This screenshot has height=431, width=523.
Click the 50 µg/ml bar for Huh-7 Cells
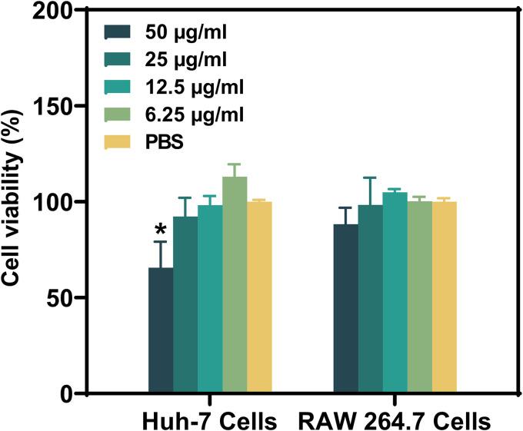[x=160, y=330]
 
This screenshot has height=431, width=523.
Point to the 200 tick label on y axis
[x=58, y=11]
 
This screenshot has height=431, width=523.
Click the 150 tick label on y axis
[x=58, y=106]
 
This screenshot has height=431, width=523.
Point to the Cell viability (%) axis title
[x=13, y=201]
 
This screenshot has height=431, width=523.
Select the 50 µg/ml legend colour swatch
[x=117, y=32]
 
